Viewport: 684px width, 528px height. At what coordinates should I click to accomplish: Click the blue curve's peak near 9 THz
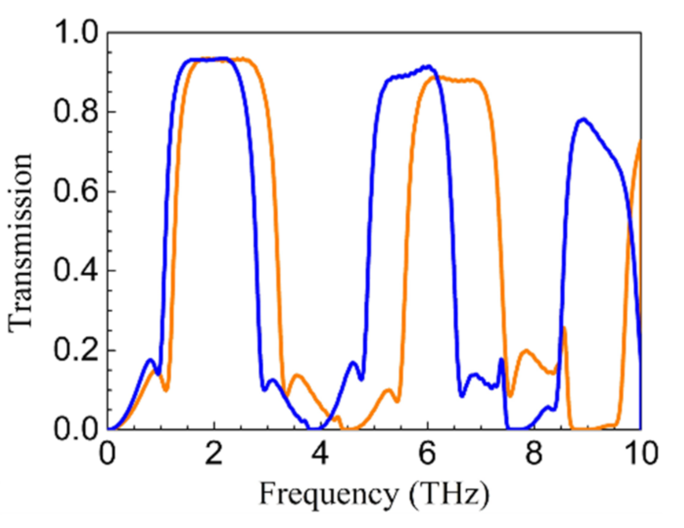(x=584, y=119)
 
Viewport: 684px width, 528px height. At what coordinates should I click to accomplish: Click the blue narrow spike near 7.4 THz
(x=501, y=360)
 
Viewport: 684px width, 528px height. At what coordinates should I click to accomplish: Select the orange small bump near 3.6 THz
(x=298, y=375)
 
